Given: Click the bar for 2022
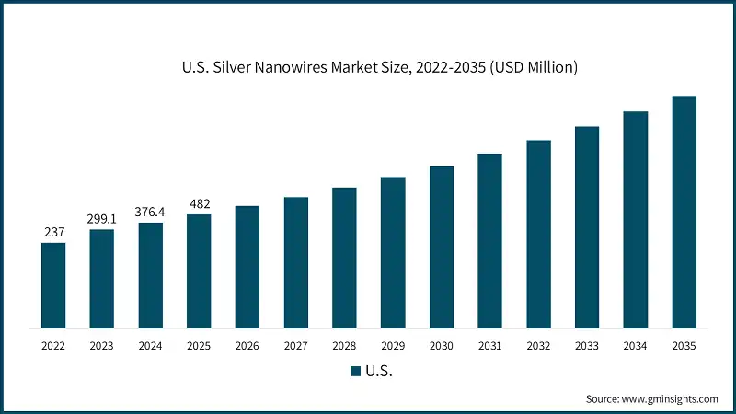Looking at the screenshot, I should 53,285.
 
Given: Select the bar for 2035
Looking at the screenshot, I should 684,212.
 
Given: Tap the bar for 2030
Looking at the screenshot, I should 442,247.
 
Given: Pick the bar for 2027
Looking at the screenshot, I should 296,262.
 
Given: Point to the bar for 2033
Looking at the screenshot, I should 587,226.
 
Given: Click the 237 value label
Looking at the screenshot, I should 53,232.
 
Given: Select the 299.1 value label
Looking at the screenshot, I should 102,218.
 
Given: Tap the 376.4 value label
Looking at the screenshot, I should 151,212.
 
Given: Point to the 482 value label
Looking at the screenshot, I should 199,203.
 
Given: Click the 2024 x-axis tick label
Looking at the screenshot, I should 151,346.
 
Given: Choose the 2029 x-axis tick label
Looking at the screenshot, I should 393,346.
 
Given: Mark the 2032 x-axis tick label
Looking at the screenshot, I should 538,346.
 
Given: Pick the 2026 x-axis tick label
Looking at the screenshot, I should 247,346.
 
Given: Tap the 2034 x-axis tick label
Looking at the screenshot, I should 635,346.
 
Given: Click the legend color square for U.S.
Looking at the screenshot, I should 354,372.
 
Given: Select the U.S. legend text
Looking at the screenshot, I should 379,372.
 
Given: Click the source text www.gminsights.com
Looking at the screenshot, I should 669,399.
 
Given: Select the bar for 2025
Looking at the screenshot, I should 199,271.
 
